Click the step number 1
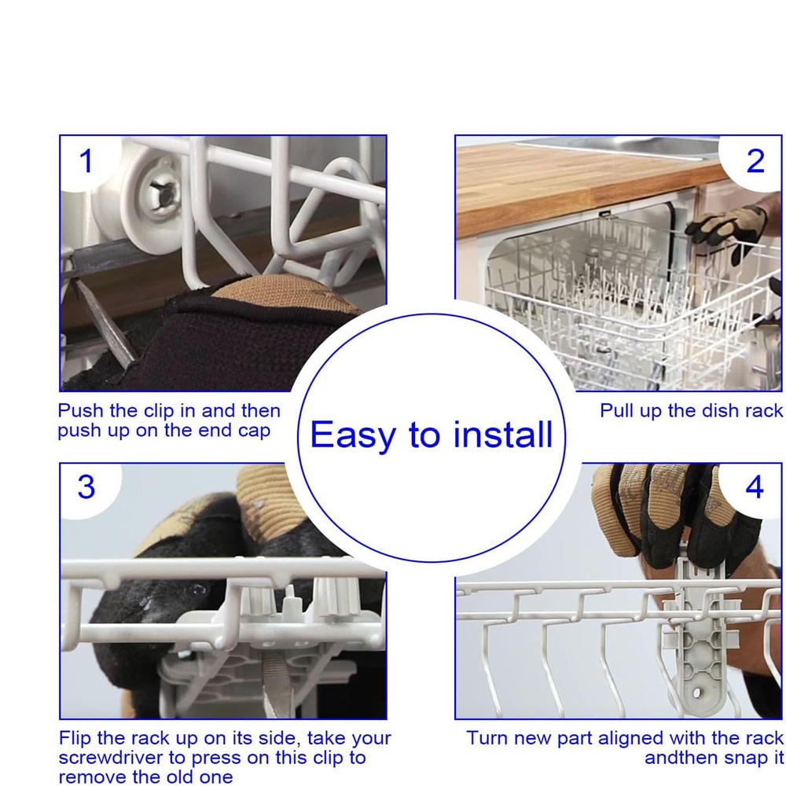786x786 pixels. tap(86, 161)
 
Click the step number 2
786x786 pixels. tap(755, 161)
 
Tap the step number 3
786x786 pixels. tap(86, 487)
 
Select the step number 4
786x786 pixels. tap(755, 487)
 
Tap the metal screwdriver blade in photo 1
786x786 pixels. tap(105, 321)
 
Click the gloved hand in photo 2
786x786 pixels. tap(727, 230)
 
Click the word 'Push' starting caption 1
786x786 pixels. tap(80, 411)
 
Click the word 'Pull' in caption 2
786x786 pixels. tap(616, 411)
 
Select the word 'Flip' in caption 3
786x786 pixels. tap(75, 738)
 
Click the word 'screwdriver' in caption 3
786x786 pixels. tap(122, 758)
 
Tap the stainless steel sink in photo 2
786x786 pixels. tap(616, 146)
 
